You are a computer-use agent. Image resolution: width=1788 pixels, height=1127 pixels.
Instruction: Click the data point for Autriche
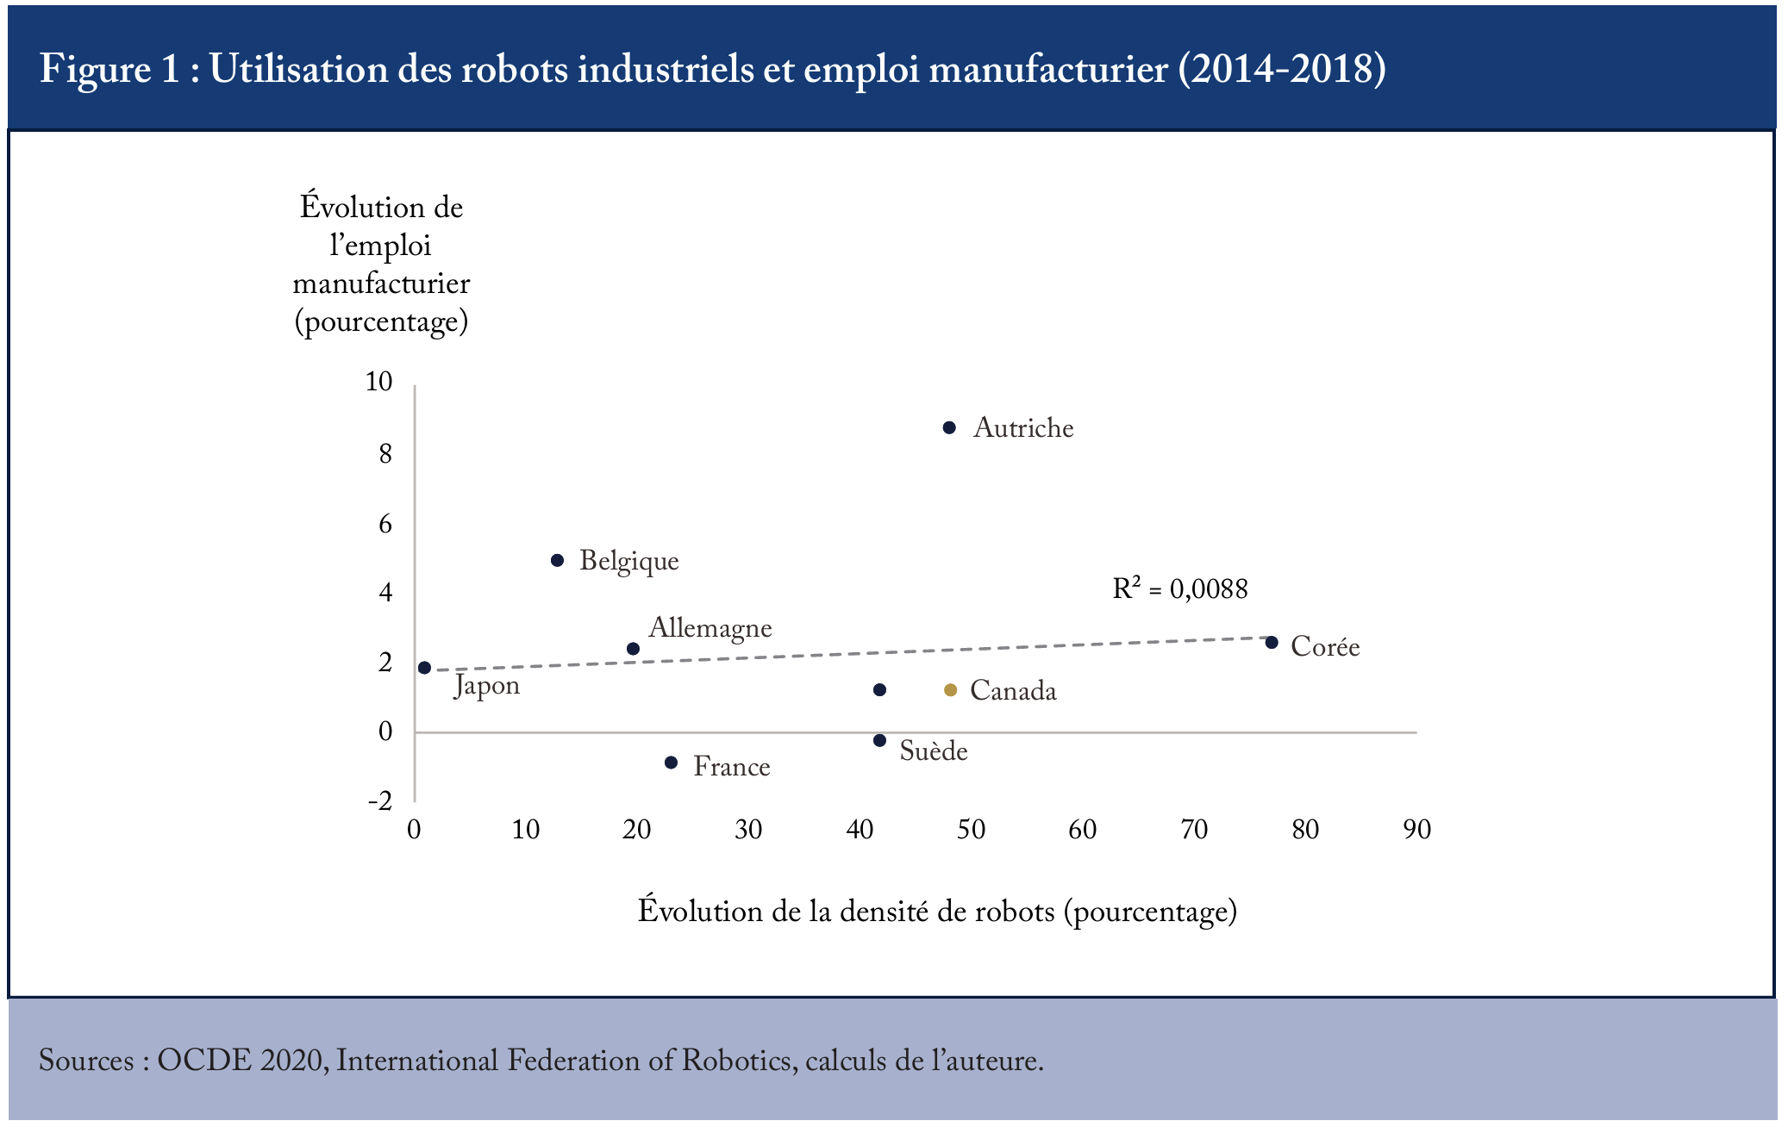(x=949, y=427)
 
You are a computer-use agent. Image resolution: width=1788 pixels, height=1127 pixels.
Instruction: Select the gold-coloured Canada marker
(x=950, y=690)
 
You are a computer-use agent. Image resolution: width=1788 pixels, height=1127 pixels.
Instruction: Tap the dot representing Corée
(x=1272, y=642)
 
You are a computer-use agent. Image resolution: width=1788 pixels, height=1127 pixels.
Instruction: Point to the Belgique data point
(x=557, y=560)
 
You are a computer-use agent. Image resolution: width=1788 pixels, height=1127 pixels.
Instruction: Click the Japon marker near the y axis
(x=424, y=668)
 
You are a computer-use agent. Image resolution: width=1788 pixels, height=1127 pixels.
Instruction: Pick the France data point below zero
(x=672, y=763)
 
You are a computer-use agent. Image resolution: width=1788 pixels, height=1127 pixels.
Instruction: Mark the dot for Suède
(x=879, y=740)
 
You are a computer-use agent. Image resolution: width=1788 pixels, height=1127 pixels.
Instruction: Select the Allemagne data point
(x=633, y=649)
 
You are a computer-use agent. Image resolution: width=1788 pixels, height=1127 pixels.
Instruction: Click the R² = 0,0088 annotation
(x=1180, y=588)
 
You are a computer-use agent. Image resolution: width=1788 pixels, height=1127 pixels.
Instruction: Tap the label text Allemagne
(x=710, y=628)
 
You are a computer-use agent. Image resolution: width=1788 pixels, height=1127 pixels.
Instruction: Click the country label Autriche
(x=1023, y=428)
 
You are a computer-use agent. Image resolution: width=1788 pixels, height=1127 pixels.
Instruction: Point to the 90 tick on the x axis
(x=1416, y=829)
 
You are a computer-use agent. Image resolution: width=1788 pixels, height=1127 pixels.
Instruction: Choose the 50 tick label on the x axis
(x=971, y=829)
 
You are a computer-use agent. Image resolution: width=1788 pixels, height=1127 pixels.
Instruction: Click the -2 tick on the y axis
(x=380, y=801)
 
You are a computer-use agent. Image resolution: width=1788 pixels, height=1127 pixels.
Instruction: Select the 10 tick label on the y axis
(x=378, y=382)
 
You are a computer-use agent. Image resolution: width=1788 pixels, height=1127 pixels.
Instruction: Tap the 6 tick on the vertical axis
(x=385, y=524)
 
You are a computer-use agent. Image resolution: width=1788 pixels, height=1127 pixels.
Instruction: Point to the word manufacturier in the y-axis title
(x=381, y=283)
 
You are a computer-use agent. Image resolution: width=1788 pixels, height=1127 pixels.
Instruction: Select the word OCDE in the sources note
(x=205, y=1060)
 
